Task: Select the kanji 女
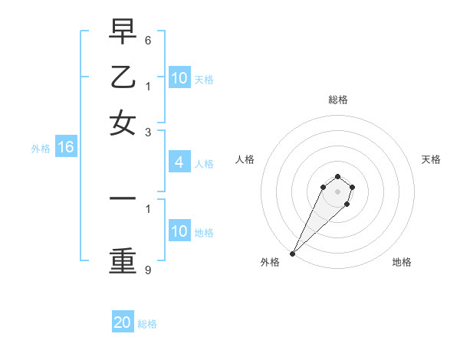point(123,122)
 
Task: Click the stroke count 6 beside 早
point(147,40)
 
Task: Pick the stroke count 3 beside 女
point(147,132)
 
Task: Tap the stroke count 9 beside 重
point(147,270)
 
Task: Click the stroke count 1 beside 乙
point(147,86)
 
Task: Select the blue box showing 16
point(66,148)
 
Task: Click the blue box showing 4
point(179,162)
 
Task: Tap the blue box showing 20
point(123,322)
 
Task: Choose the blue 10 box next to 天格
point(179,78)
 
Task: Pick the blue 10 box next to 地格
point(179,231)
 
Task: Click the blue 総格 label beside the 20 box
point(147,324)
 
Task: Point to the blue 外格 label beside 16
point(40,149)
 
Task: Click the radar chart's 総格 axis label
point(337,100)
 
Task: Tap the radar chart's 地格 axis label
point(402,262)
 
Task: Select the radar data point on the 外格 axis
point(292,254)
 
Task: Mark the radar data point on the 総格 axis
point(337,175)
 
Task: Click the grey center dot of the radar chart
point(337,191)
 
